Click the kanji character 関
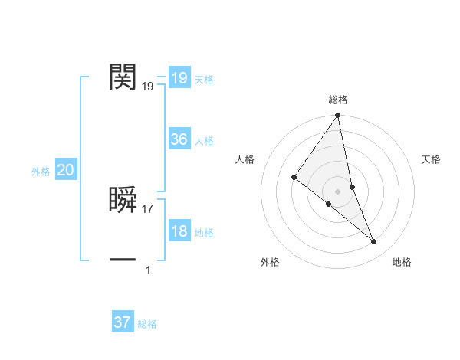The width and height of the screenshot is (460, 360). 123,77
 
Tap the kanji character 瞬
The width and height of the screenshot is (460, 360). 123,199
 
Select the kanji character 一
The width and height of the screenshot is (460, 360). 123,260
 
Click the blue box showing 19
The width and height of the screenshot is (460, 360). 179,78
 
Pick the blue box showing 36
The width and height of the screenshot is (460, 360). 179,139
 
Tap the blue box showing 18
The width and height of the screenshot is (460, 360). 179,232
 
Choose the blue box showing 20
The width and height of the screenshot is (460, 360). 65,171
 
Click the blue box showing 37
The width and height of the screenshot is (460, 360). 123,322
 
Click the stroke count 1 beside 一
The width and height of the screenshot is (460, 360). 148,270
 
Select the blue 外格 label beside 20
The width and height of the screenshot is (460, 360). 41,172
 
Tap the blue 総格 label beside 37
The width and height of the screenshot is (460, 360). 147,324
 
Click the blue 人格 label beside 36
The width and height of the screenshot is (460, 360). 204,141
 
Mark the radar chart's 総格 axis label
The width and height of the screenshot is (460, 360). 338,100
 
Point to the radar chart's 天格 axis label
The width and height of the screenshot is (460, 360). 432,159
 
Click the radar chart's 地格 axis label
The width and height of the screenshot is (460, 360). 402,263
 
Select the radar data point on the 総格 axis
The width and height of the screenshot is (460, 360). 338,116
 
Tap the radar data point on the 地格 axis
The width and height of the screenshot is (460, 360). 374,242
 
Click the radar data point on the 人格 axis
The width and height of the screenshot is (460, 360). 294,177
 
